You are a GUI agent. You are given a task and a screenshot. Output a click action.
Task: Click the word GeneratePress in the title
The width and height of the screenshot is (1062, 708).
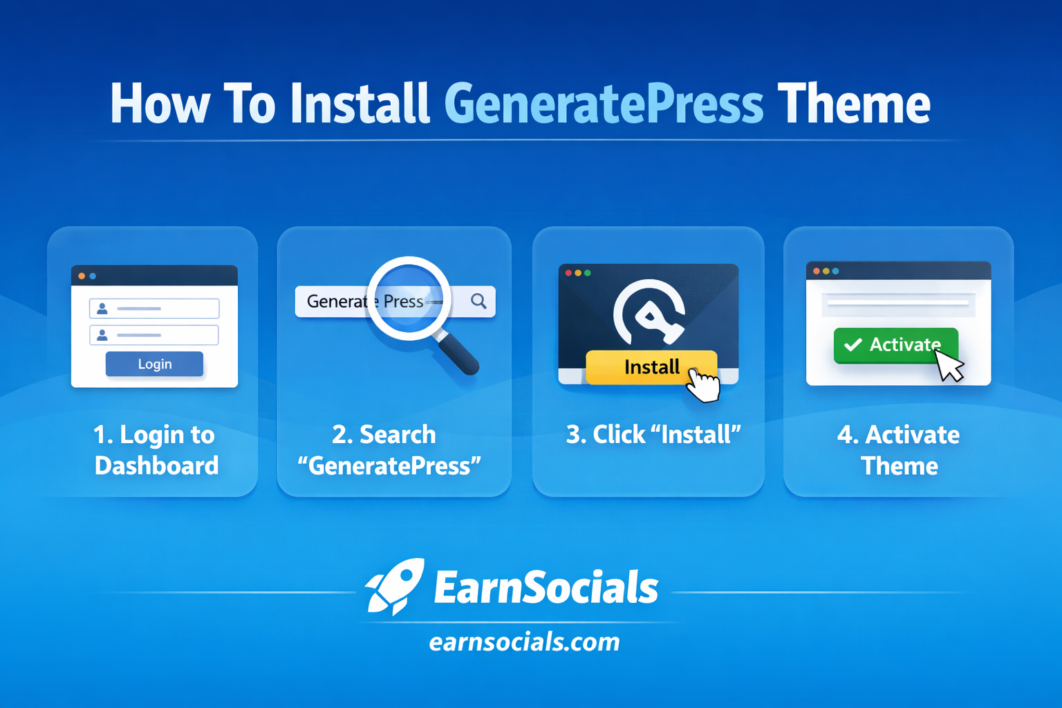[603, 104]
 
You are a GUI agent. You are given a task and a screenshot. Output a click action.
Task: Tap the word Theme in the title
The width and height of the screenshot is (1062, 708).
[854, 104]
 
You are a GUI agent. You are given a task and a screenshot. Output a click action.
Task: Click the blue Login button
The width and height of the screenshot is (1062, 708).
[154, 364]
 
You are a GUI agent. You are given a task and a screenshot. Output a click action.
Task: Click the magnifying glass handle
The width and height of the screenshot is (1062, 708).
[457, 353]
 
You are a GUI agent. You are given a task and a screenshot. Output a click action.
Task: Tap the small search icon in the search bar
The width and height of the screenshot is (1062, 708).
[478, 301]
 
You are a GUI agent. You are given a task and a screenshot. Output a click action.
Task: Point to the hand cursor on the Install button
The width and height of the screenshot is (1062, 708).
[704, 384]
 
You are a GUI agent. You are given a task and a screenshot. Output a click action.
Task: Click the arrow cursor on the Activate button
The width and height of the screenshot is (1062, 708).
[949, 365]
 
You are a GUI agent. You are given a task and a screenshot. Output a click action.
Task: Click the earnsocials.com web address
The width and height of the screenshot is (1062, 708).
[524, 642]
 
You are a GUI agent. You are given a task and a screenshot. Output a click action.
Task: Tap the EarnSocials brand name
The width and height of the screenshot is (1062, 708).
[546, 588]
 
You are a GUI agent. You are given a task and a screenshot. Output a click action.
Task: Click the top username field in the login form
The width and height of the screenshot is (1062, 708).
[154, 308]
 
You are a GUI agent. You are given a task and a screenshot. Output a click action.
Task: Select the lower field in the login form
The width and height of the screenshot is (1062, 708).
[154, 335]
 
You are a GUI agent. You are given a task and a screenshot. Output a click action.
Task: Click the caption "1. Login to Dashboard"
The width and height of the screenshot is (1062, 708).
[156, 450]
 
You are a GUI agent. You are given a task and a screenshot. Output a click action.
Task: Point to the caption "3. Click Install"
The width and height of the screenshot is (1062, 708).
[653, 435]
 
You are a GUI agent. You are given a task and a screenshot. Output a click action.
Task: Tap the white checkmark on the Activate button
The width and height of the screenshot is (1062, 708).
[853, 344]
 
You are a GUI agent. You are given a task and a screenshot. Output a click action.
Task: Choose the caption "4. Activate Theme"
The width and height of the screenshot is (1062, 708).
[898, 450]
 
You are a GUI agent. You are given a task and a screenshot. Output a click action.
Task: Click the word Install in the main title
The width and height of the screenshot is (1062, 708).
[360, 104]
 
